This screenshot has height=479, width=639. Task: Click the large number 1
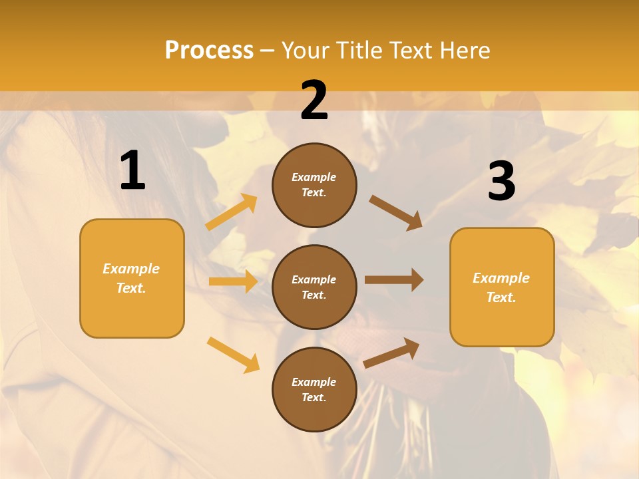tap(132, 171)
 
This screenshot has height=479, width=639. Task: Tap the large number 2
tap(314, 100)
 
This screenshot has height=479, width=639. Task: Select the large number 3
tap(501, 182)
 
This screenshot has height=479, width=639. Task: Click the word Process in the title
tap(209, 50)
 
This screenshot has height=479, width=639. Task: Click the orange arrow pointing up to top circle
tap(232, 212)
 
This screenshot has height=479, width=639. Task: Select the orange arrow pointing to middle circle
tap(233, 281)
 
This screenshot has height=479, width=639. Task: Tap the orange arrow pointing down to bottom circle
tap(233, 355)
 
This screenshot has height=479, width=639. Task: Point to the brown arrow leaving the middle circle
tap(394, 279)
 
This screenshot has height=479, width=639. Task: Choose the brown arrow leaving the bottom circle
tap(391, 353)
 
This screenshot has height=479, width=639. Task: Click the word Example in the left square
tap(131, 269)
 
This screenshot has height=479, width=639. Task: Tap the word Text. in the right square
tap(501, 297)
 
